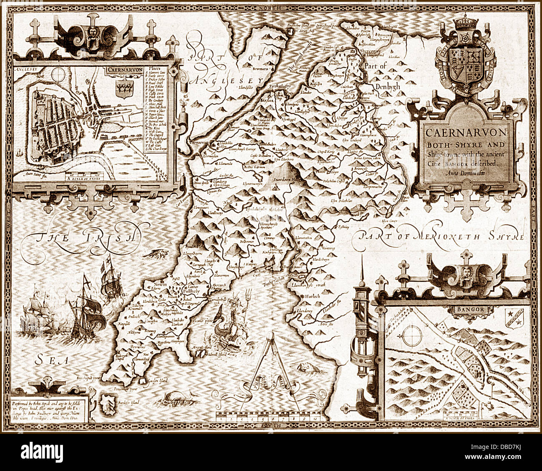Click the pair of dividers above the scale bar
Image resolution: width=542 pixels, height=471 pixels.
click(270, 367)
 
